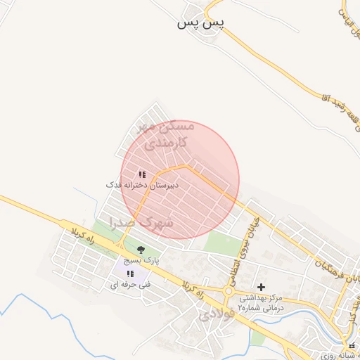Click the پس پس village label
[200, 24]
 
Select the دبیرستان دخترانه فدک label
[143, 184]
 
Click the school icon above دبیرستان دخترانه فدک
[142, 174]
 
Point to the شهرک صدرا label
[142, 222]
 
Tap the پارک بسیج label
[141, 259]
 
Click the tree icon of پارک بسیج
[141, 250]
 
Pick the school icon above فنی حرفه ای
[130, 274]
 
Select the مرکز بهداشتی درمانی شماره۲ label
[260, 302]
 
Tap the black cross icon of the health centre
[262, 287]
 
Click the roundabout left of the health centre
[229, 292]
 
